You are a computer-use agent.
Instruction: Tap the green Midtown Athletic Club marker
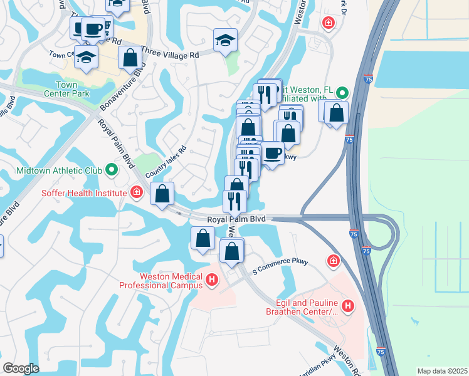[111, 170]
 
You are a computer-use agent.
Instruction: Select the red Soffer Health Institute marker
[137, 192]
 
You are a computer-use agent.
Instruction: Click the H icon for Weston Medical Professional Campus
[212, 279]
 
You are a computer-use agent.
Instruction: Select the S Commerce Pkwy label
[280, 266]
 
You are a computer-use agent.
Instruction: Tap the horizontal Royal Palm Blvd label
[236, 219]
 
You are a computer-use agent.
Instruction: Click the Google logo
[21, 368]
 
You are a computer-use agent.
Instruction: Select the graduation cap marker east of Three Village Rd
[225, 41]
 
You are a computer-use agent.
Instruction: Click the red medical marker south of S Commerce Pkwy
[334, 259]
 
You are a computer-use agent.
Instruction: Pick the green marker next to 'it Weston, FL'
[342, 93]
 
